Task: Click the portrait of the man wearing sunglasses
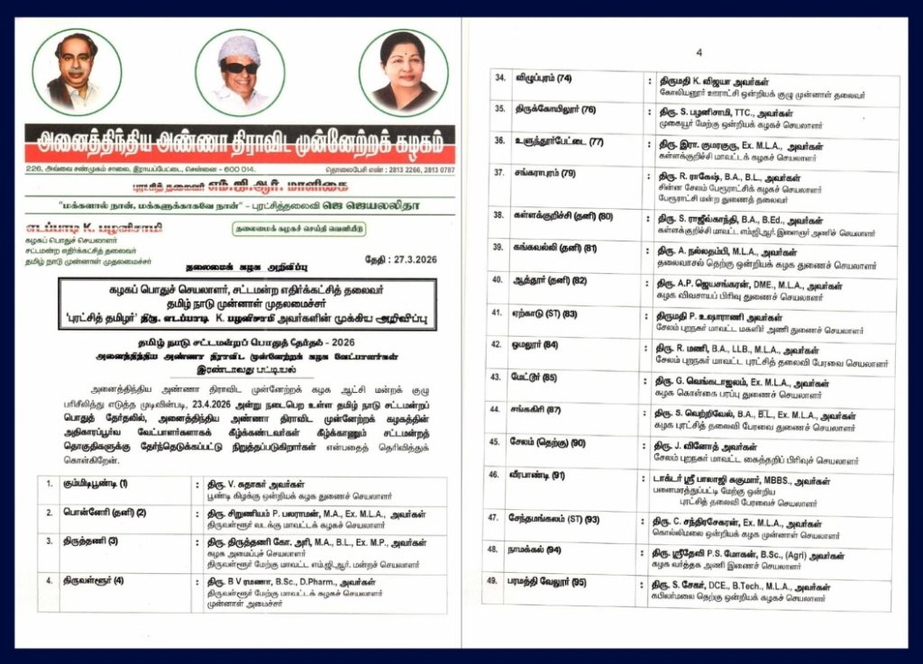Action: (x=240, y=73)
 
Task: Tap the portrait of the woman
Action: (x=403, y=73)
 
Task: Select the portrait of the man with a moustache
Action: (x=77, y=73)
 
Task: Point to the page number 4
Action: (x=698, y=52)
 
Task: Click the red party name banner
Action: (x=240, y=141)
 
